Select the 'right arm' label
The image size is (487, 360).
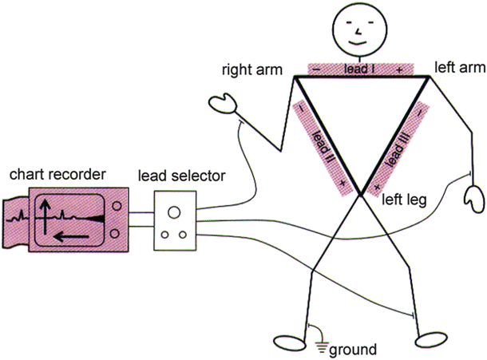click(252, 70)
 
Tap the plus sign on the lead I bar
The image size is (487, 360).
click(399, 70)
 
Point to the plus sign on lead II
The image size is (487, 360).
click(342, 185)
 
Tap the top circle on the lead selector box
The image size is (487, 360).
click(174, 213)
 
